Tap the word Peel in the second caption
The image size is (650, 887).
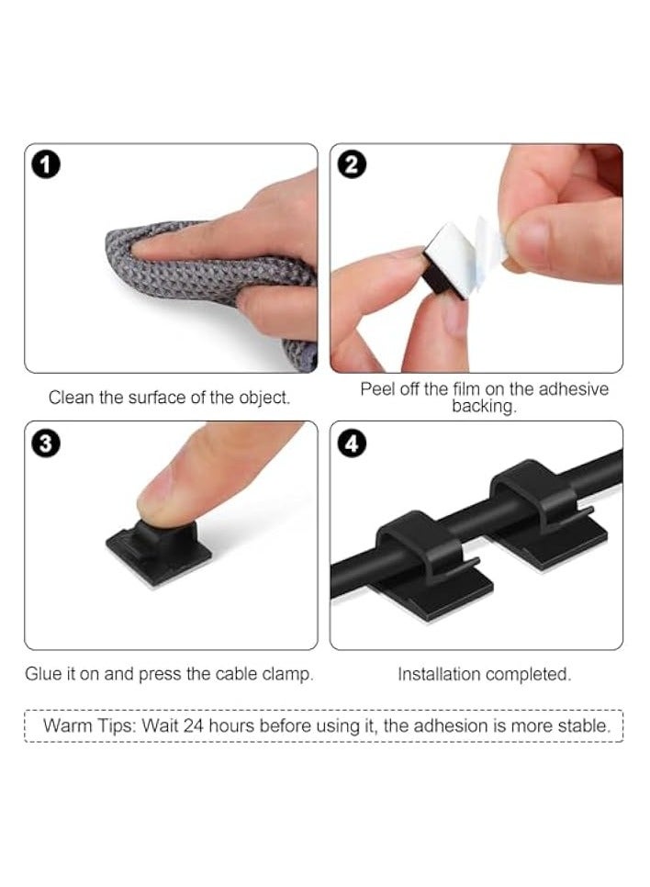click(x=376, y=389)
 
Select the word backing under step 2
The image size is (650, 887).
click(x=483, y=407)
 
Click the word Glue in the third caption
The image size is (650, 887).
click(x=43, y=674)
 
